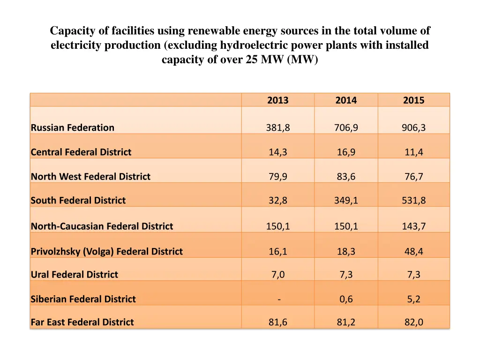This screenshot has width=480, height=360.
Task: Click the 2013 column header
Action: (x=277, y=100)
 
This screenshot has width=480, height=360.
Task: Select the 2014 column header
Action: (x=346, y=100)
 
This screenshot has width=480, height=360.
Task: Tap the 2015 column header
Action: (x=413, y=100)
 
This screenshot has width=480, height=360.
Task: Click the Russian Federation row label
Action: (x=73, y=127)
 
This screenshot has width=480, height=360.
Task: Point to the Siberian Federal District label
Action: (x=83, y=299)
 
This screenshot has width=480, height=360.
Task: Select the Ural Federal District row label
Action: (x=75, y=275)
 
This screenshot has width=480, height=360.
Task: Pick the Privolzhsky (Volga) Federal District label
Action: (x=106, y=252)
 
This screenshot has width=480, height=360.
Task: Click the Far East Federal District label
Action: (x=82, y=322)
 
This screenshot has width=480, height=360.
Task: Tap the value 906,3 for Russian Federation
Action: (x=413, y=127)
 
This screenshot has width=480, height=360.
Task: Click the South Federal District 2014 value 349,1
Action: (x=346, y=201)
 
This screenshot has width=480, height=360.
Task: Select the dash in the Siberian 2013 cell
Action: (x=278, y=300)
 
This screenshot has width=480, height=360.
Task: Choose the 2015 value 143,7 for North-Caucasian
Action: (x=413, y=226)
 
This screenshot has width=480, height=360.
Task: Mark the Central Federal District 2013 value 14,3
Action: (x=277, y=152)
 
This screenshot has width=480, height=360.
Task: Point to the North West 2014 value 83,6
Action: (x=346, y=177)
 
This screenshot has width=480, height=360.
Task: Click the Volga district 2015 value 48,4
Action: (x=413, y=252)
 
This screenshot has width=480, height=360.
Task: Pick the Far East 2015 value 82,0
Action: (x=413, y=322)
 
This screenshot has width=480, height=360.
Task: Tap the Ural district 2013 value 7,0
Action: (x=277, y=275)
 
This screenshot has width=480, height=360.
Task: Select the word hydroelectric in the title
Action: (x=254, y=45)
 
